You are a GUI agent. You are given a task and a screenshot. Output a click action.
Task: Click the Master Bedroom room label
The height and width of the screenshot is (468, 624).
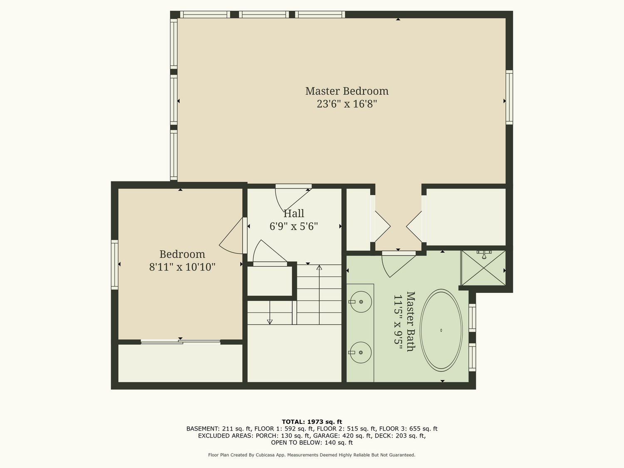347,91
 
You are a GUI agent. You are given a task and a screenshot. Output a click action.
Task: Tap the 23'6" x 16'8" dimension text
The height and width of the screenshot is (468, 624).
347,104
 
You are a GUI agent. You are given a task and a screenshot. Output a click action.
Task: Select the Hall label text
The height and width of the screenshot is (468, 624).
294,213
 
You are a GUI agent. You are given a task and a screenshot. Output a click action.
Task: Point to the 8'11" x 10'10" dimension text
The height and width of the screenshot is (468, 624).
182,267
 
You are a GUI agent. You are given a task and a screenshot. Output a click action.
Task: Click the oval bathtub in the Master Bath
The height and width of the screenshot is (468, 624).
441,330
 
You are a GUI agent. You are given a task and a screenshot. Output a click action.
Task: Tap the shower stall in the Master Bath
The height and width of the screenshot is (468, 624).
483,268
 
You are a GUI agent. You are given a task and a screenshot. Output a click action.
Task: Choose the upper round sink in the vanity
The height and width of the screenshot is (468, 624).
361,302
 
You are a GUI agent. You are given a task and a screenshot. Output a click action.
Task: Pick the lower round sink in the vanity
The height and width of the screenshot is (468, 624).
361,352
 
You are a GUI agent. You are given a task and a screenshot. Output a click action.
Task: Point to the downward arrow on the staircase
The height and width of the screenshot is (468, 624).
270,312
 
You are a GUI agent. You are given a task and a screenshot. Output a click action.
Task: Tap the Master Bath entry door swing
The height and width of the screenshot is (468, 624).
398,264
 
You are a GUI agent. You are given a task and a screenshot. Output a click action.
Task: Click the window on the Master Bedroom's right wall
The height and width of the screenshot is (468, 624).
509,97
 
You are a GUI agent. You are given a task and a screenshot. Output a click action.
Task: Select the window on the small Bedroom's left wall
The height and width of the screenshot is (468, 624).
114,265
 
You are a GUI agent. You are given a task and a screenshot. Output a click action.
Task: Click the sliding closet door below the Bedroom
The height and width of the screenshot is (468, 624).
181,342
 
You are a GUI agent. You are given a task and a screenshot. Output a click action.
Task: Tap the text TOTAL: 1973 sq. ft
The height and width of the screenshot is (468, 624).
312,422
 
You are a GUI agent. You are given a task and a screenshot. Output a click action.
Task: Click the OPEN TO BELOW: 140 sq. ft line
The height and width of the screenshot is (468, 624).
312,443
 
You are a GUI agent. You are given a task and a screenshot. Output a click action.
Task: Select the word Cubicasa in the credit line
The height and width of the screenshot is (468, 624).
265,455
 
